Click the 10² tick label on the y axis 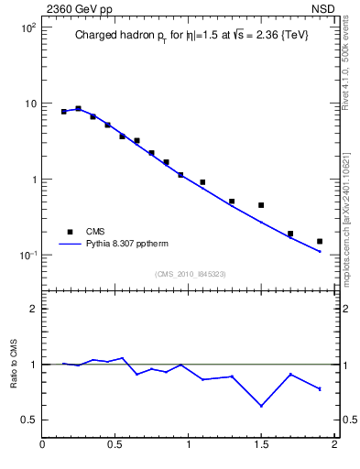click(27, 27)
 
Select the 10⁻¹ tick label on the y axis click(27, 255)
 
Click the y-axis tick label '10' click(29, 104)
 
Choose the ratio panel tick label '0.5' click(28, 420)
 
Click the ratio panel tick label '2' click(32, 309)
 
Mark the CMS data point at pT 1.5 click(261, 205)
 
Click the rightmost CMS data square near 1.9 click(320, 241)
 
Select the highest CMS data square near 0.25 click(79, 108)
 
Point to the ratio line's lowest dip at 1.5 click(261, 406)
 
